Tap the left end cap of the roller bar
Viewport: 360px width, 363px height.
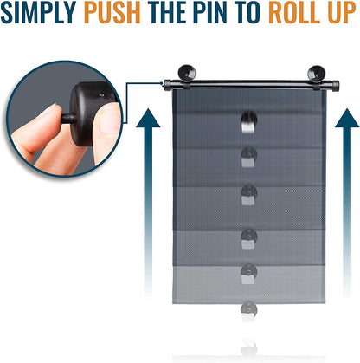[x=166, y=84]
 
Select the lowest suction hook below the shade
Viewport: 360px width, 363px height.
[x=248, y=311]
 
